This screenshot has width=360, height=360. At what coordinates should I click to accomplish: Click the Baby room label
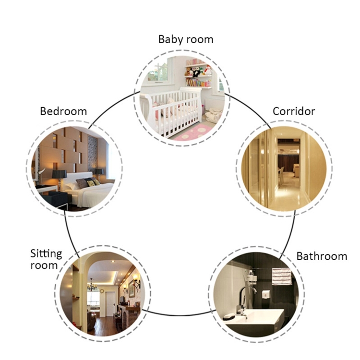click(x=186, y=39)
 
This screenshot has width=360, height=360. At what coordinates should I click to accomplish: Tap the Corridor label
click(x=294, y=111)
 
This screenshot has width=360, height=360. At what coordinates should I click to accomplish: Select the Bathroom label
click(x=321, y=256)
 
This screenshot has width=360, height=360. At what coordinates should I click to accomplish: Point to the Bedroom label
click(x=63, y=111)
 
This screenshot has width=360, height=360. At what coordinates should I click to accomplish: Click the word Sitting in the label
click(x=46, y=253)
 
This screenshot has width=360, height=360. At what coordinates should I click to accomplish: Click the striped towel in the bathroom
click(x=281, y=276)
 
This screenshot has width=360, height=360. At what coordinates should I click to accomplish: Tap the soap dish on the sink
click(x=229, y=316)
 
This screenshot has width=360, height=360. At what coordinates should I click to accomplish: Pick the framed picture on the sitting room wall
click(x=126, y=290)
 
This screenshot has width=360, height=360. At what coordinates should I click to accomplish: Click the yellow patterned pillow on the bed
click(x=90, y=183)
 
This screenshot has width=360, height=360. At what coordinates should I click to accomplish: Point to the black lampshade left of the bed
click(x=59, y=174)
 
